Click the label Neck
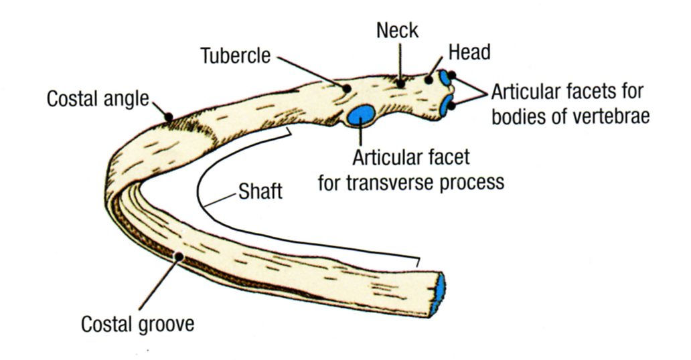pos(398,29)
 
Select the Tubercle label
pos(236,56)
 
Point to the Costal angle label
pos(97,99)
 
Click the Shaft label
pos(260,193)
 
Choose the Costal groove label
pos(138,325)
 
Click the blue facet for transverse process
pos(361,114)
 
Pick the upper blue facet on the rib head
pos(445,80)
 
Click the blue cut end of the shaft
pos(439,293)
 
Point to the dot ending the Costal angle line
pos(169,118)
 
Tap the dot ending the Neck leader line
pos(400,84)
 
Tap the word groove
pos(167,325)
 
